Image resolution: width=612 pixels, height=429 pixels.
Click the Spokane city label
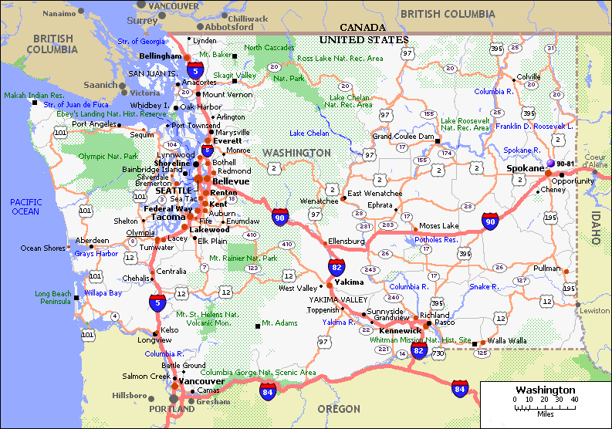point(526,167)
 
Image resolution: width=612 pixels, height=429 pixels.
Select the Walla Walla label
point(510,340)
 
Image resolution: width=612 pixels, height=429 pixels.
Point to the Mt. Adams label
point(279,323)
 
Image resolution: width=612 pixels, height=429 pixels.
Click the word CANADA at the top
point(363,27)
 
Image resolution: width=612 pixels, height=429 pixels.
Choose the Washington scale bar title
point(546,390)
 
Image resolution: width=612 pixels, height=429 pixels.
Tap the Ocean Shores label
point(42,248)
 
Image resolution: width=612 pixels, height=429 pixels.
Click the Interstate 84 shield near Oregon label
point(268,390)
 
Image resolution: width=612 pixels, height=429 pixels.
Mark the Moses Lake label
point(438,226)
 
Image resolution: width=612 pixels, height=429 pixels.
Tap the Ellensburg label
point(347,242)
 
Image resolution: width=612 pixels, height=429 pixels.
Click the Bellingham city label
point(161,56)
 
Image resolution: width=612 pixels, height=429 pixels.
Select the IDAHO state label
point(596,228)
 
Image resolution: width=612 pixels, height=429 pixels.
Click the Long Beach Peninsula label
point(53,298)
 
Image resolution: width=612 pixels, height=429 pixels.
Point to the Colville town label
point(529,77)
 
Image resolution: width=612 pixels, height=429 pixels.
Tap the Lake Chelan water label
point(309,133)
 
